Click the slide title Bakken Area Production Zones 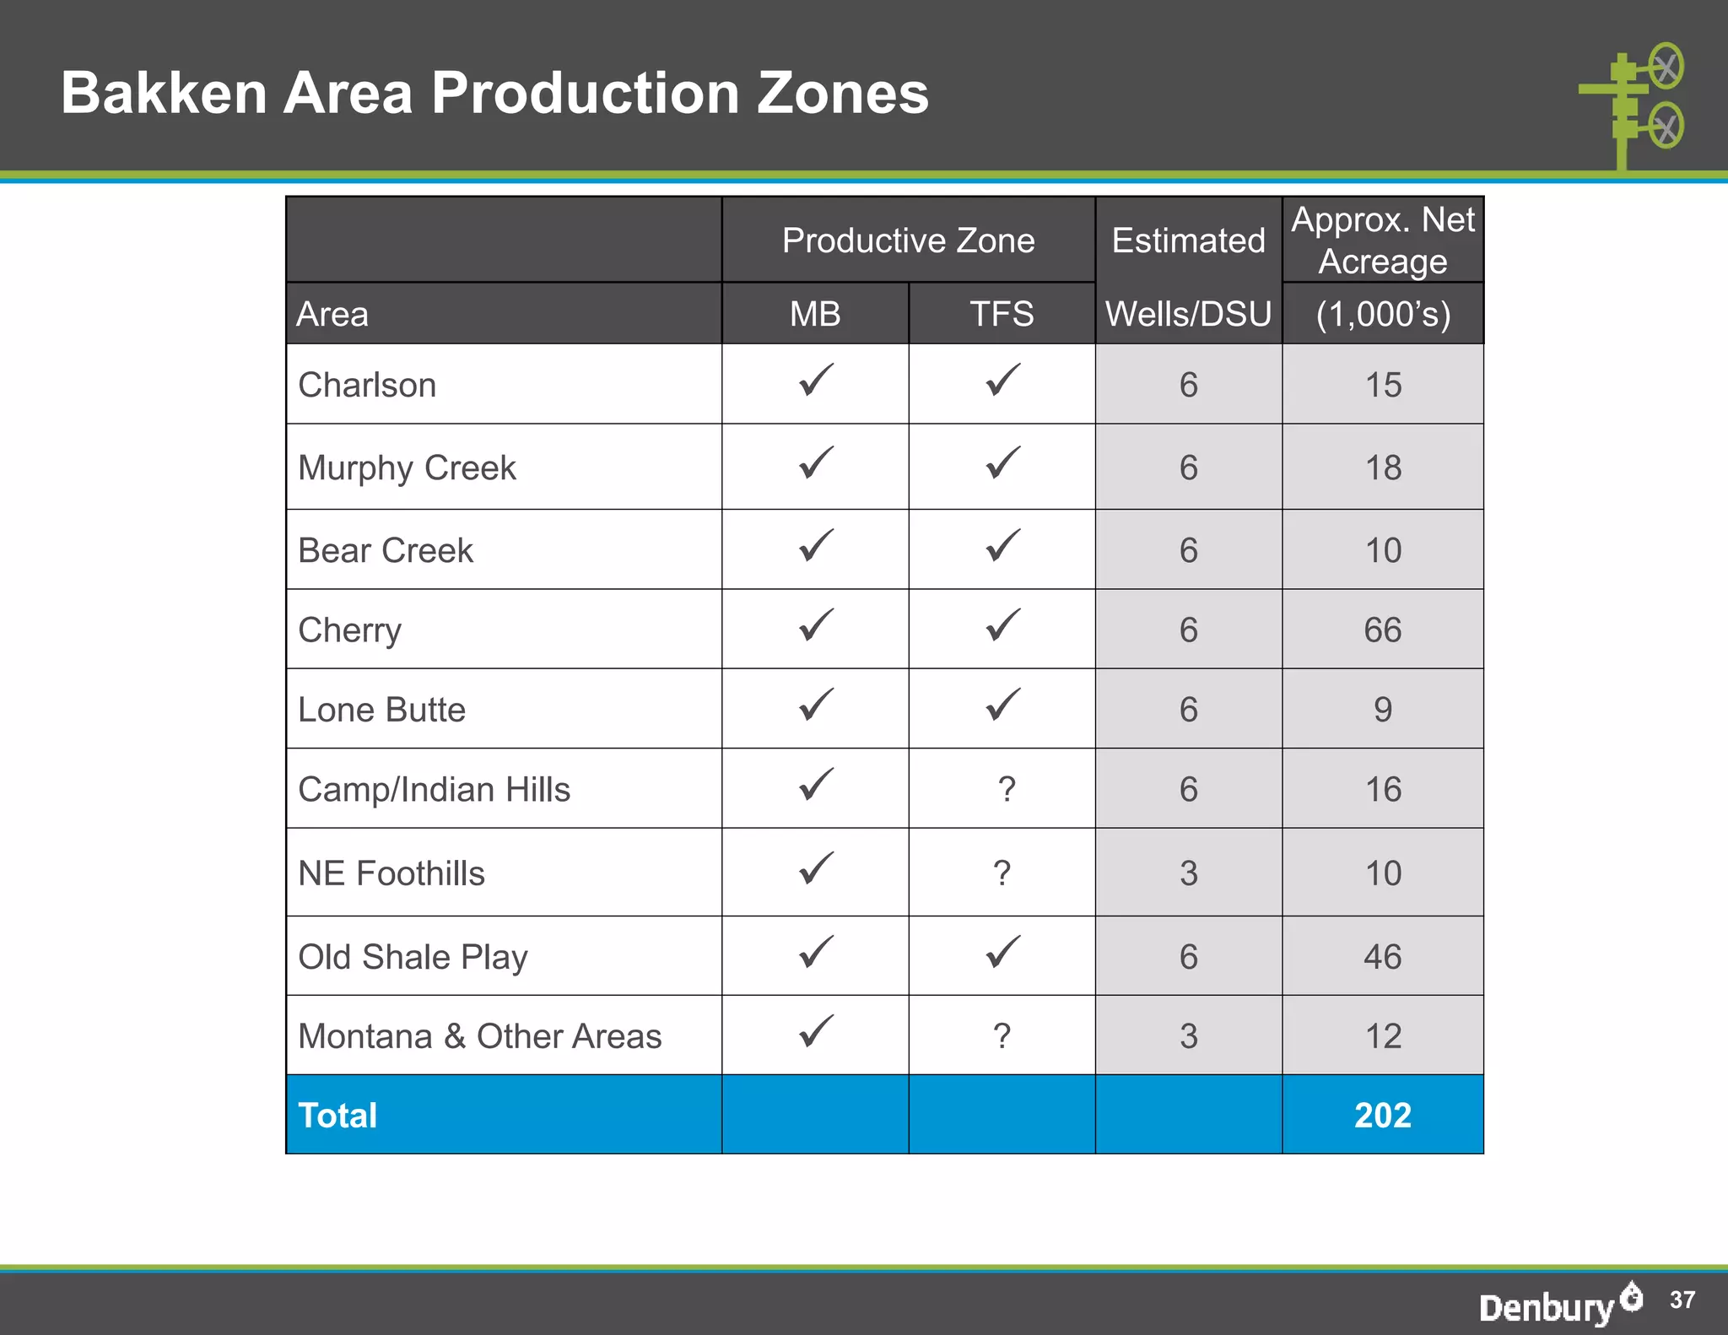[494, 92]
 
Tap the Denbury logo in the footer [1559, 1304]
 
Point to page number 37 [1682, 1300]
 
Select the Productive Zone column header [908, 241]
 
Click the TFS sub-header [1002, 314]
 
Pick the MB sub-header [815, 314]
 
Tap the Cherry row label [350, 630]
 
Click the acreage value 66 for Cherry [1383, 630]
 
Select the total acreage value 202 [1383, 1115]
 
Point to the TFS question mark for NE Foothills [1002, 873]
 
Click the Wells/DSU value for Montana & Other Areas [1188, 1035]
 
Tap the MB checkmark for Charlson [816, 381]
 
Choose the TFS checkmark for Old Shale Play [1002, 952]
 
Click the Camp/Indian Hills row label [435, 789]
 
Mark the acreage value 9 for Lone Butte [1383, 709]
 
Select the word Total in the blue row [337, 1115]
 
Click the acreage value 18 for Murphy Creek [1383, 467]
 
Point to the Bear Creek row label [386, 550]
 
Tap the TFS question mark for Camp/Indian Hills [1006, 789]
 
